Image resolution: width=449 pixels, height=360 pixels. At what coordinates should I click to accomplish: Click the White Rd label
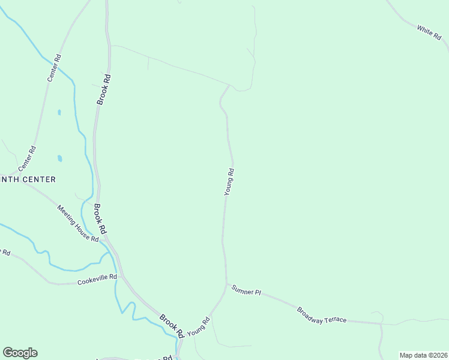pos(429,33)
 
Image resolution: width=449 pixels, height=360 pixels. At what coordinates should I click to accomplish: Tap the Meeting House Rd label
pos(78,223)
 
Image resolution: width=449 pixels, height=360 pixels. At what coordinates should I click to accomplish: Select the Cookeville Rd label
pos(96,281)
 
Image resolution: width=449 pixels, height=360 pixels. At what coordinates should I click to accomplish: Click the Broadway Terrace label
pos(322,315)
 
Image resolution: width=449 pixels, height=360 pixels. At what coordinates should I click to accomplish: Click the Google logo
pos(20,353)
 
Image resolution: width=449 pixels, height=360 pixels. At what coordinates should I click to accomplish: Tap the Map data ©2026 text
pos(423,355)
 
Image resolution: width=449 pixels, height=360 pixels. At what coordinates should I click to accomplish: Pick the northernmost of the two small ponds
pos(59,112)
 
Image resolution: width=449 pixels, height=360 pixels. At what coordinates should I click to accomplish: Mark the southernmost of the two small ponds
pos(59,158)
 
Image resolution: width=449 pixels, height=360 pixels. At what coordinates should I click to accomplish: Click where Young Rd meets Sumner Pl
pos(227,284)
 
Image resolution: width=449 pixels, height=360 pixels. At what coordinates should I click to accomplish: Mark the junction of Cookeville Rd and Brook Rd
pos(121,277)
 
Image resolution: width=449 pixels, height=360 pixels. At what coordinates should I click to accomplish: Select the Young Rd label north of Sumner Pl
pos(229,182)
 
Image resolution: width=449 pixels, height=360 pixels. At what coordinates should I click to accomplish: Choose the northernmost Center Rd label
pos(54,68)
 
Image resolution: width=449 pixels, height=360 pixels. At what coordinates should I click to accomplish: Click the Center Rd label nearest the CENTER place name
pos(27,157)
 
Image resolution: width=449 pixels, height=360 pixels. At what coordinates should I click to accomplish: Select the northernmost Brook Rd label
pos(103,90)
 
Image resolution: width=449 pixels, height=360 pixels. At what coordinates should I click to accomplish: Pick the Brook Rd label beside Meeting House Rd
pos(100,218)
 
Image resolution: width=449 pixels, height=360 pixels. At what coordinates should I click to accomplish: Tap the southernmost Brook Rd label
pos(172,325)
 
